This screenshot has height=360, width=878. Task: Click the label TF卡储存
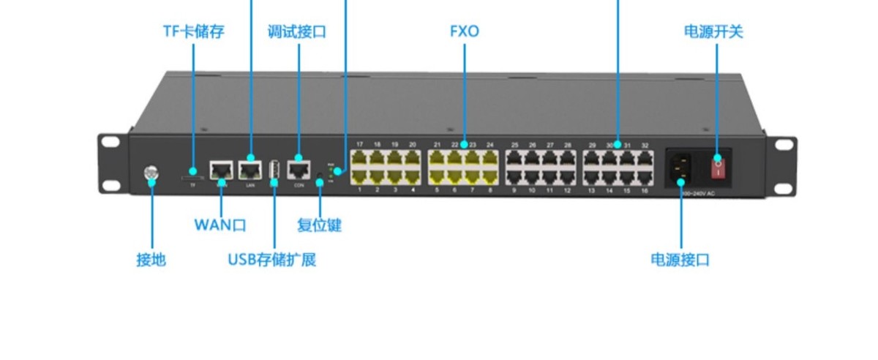[x=193, y=31]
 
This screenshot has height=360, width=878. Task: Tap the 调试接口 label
[x=297, y=31]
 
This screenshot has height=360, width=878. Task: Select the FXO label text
[x=464, y=31]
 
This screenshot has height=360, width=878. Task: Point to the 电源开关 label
[x=713, y=31]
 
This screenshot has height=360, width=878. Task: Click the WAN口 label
[x=219, y=225]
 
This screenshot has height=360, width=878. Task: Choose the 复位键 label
[x=319, y=225]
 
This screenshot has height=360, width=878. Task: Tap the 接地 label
[x=151, y=260]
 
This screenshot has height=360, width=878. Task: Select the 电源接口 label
[x=680, y=260]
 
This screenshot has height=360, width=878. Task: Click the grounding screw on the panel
[x=151, y=174]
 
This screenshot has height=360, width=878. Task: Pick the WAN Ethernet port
[x=221, y=170]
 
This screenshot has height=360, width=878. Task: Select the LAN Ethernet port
[x=250, y=170]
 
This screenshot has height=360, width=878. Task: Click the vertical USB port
[x=274, y=170]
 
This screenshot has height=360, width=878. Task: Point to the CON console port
[x=299, y=170]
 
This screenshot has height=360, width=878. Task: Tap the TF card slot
[x=193, y=176]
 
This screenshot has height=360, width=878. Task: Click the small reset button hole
[x=320, y=176]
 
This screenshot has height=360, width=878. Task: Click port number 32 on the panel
[x=645, y=146]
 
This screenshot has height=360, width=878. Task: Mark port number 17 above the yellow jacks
[x=359, y=145]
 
